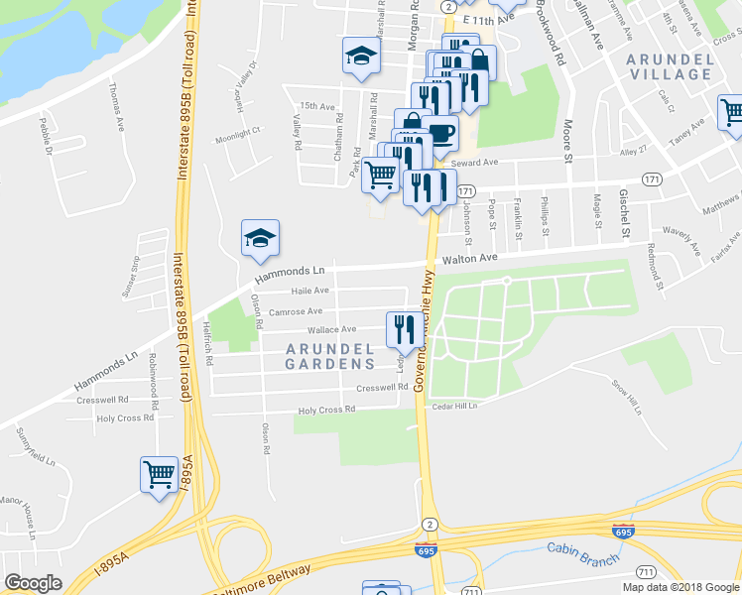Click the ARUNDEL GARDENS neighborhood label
pyautogui.click(x=330, y=356)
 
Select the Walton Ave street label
pyautogui.click(x=468, y=260)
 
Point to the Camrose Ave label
pyautogui.click(x=296, y=310)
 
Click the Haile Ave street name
pyautogui.click(x=309, y=291)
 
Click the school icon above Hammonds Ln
pyautogui.click(x=260, y=238)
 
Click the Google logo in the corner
pyautogui.click(x=33, y=583)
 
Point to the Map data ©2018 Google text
pyautogui.click(x=680, y=587)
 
